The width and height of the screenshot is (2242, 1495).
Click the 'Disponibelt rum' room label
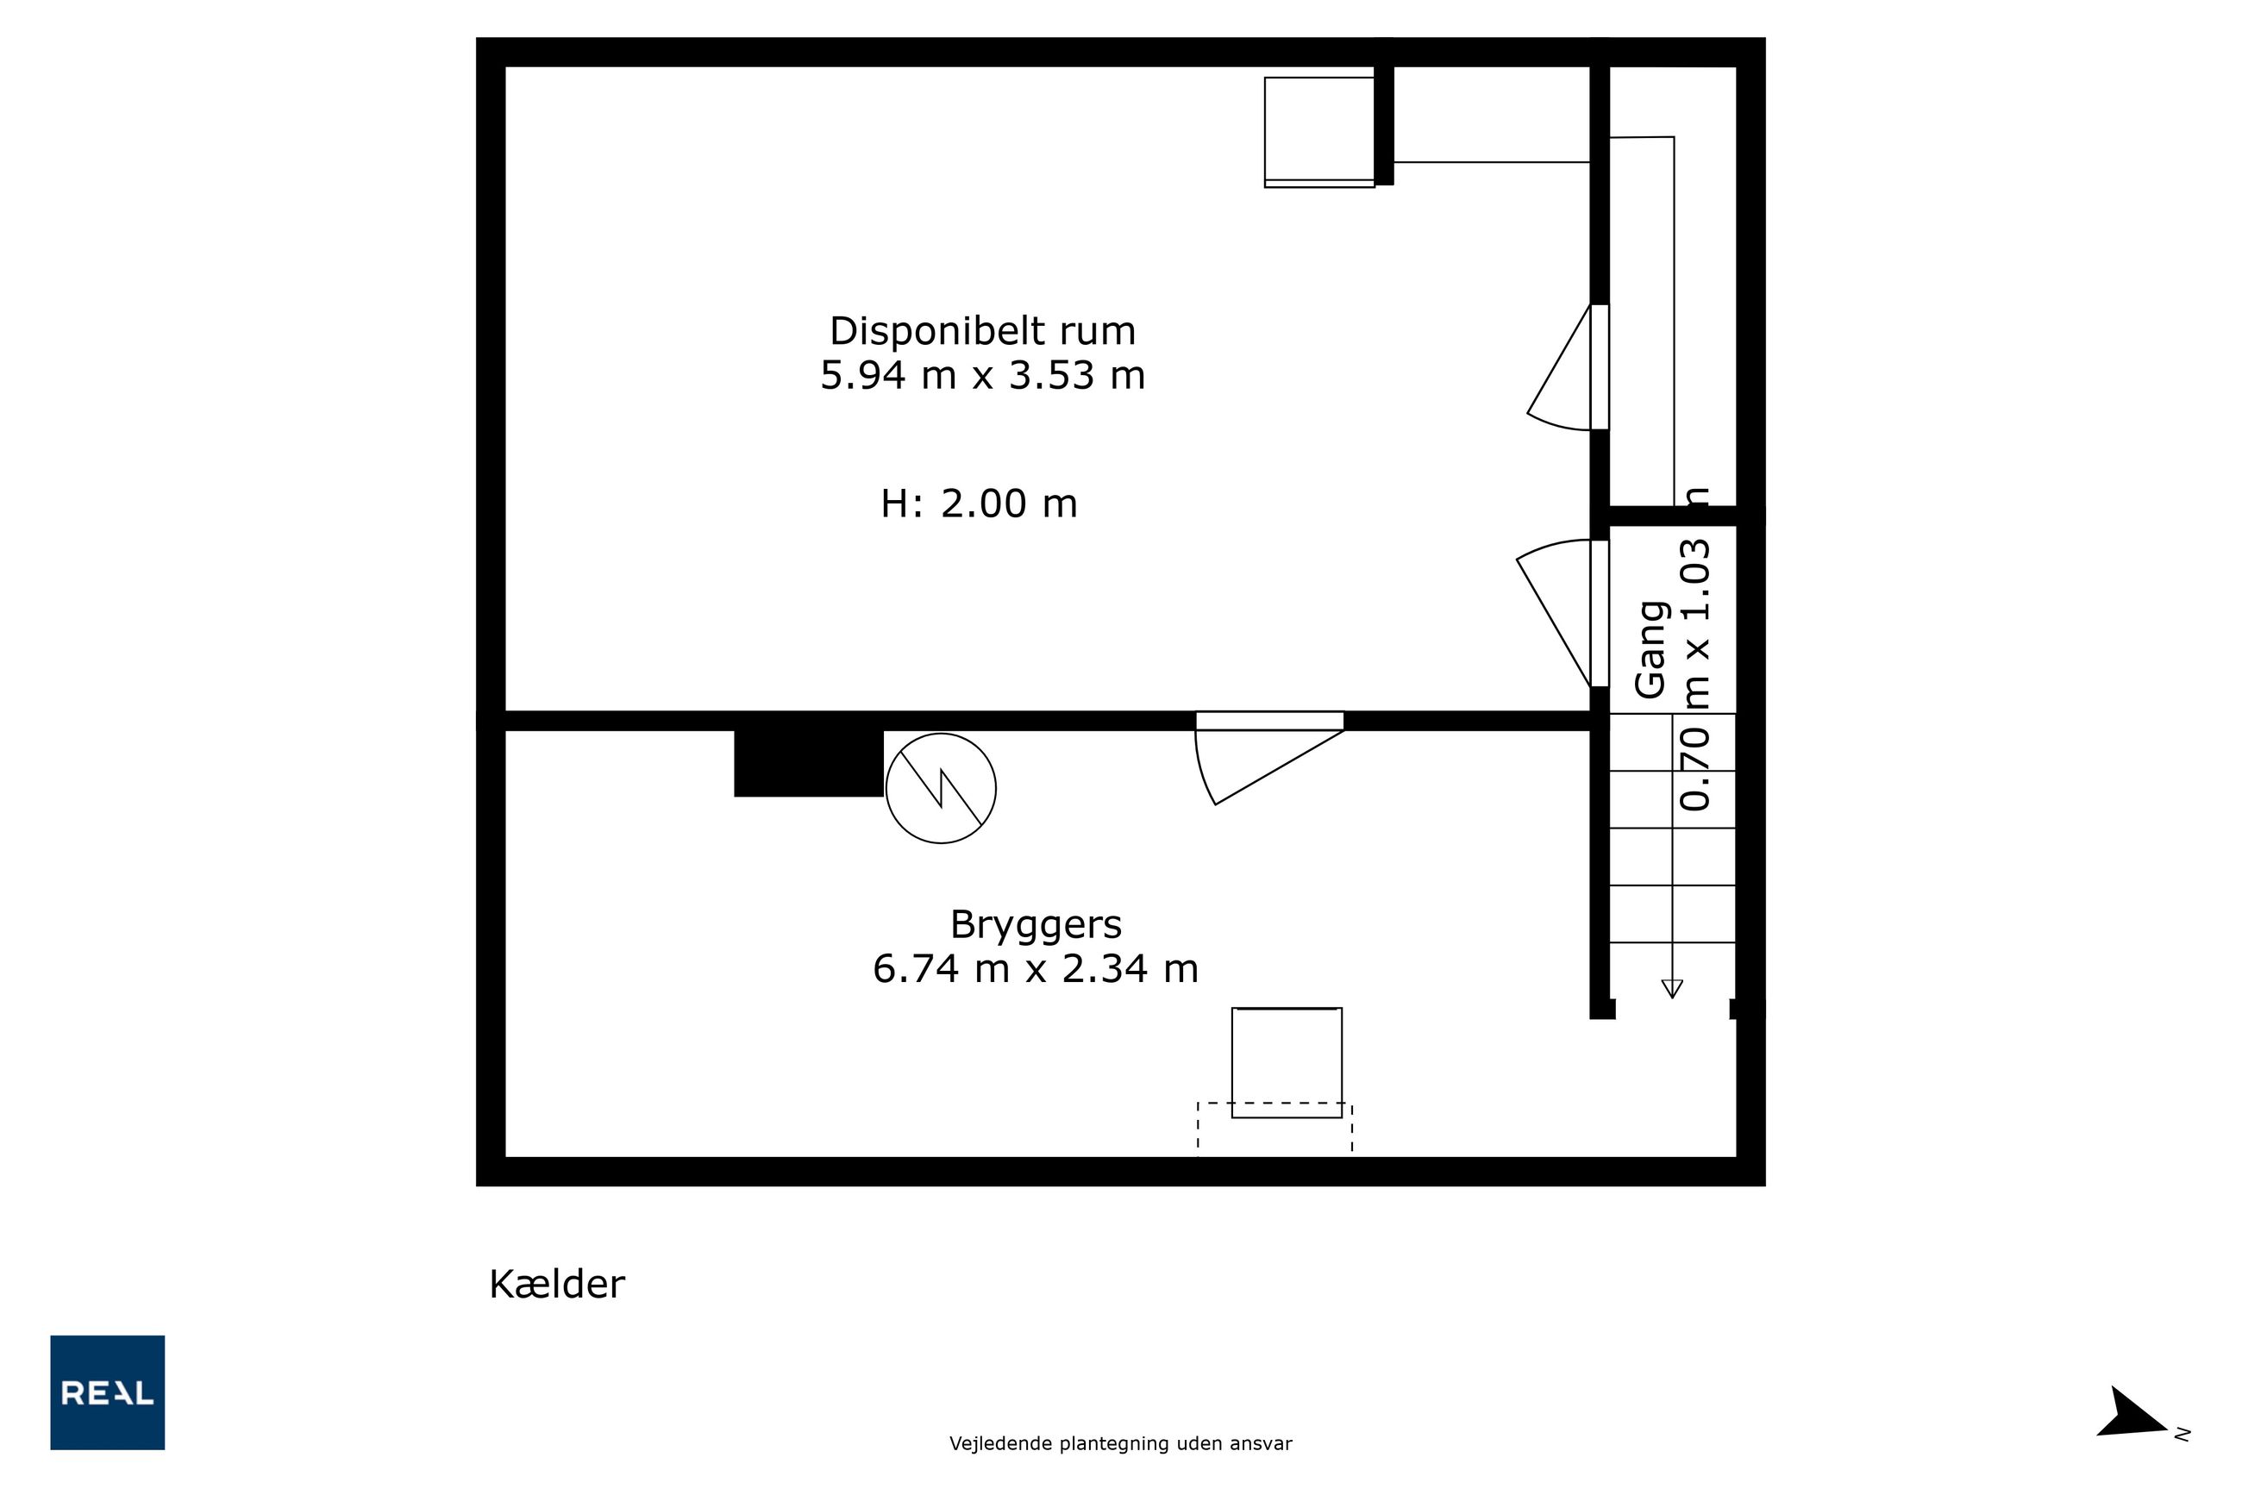point(982,331)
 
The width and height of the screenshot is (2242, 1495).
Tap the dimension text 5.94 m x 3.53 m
point(982,375)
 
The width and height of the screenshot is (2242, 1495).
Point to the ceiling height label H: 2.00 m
point(979,504)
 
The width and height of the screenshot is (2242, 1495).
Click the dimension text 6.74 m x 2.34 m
point(1036,969)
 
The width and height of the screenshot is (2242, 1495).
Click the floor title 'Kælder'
point(557,1285)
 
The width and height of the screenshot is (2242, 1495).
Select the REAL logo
point(108,1392)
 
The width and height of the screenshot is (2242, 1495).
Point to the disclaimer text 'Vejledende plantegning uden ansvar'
point(1120,1443)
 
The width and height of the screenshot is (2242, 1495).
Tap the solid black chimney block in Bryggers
point(809,763)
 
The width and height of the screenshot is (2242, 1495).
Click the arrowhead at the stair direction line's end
point(1672,989)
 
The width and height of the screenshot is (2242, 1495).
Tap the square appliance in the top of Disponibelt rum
point(1320,133)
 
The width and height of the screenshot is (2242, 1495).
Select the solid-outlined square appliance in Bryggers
point(1287,1063)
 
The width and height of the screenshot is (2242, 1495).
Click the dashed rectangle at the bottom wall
point(1275,1129)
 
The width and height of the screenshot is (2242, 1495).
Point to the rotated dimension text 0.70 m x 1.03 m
point(1694,649)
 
